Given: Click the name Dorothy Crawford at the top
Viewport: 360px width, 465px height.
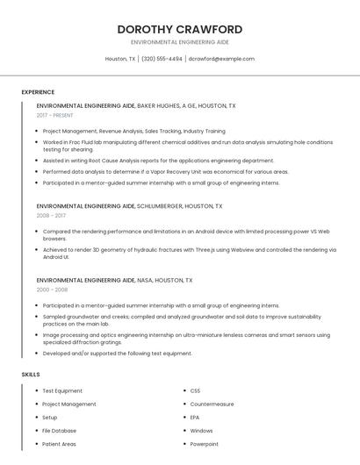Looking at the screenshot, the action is point(179,30).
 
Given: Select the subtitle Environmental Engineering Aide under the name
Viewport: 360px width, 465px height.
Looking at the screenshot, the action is point(179,42).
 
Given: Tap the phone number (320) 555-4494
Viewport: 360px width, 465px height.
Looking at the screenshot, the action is point(162,59).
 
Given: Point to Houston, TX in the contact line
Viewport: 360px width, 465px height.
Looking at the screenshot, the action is point(120,59).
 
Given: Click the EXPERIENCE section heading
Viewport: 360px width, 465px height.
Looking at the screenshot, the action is point(38,92).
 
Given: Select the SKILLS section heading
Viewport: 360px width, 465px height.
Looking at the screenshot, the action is point(31,375).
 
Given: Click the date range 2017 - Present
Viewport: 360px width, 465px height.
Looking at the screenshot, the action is point(56,115).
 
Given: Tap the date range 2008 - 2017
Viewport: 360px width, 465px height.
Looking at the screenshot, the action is point(51,215).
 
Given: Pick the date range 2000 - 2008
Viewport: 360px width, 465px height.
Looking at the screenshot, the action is point(52,289).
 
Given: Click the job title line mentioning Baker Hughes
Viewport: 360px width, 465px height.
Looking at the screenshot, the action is point(136,105).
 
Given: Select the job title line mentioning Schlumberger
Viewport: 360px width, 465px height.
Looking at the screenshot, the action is point(130,206).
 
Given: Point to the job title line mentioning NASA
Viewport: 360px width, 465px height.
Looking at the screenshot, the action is point(114,280).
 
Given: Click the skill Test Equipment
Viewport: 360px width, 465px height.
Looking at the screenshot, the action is point(62,390).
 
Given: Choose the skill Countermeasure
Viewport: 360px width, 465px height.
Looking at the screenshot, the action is point(212,404).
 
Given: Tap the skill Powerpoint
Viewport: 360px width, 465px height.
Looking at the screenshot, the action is point(204,444).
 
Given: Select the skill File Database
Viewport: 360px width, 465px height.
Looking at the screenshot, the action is point(60,431).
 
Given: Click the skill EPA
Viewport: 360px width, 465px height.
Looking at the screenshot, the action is point(195,418).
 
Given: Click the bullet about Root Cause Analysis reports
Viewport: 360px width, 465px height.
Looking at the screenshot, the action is point(158,161).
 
